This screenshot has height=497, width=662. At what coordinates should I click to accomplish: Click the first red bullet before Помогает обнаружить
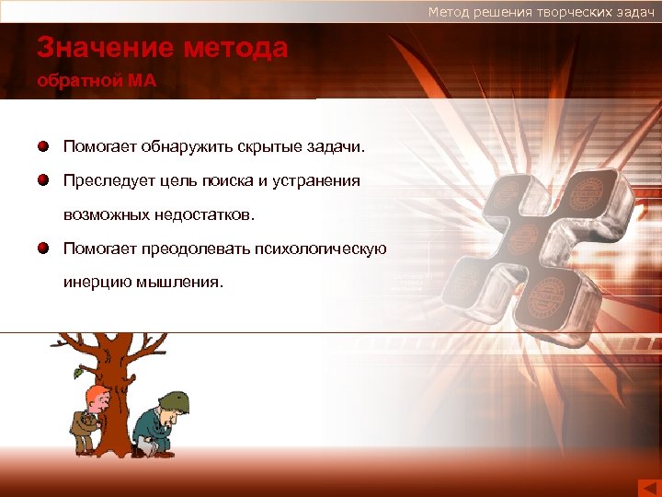pyautogui.click(x=43, y=146)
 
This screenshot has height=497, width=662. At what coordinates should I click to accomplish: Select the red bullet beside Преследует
pyautogui.click(x=43, y=180)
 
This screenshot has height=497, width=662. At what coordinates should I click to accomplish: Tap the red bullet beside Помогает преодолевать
pyautogui.click(x=43, y=248)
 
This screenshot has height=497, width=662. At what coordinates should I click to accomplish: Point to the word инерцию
pyautogui.click(x=95, y=282)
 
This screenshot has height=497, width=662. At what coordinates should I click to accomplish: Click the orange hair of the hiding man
pyautogui.click(x=95, y=397)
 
